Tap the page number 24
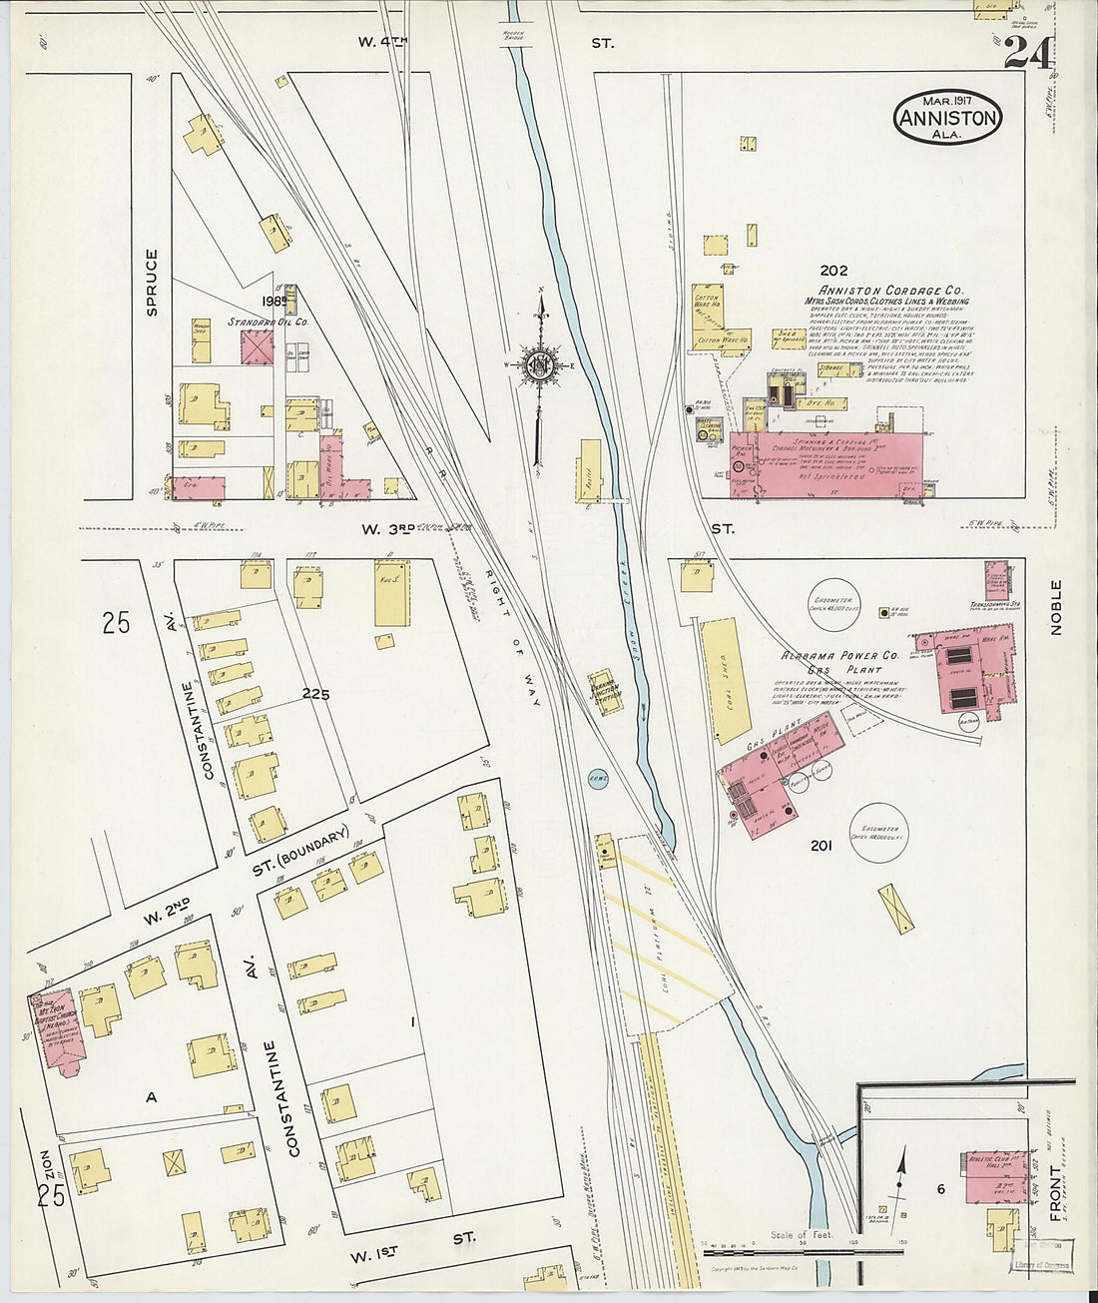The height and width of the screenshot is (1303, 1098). pos(1027,52)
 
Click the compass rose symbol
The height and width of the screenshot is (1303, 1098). pos(540,365)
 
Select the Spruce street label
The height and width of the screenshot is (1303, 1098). pos(152,283)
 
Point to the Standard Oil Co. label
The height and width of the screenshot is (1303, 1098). pos(268,323)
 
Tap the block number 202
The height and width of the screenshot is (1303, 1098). pos(833,270)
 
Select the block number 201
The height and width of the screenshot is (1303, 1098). pos(821,846)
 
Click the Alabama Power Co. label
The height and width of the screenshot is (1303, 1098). pos(840,655)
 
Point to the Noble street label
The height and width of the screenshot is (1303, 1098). pos(1056,607)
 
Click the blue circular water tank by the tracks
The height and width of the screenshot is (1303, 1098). pos(598,779)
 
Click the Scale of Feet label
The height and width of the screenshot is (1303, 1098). pos(797,1235)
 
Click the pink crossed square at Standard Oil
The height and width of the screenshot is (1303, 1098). pos(257,347)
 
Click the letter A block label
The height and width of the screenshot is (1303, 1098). pos(152,1096)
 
